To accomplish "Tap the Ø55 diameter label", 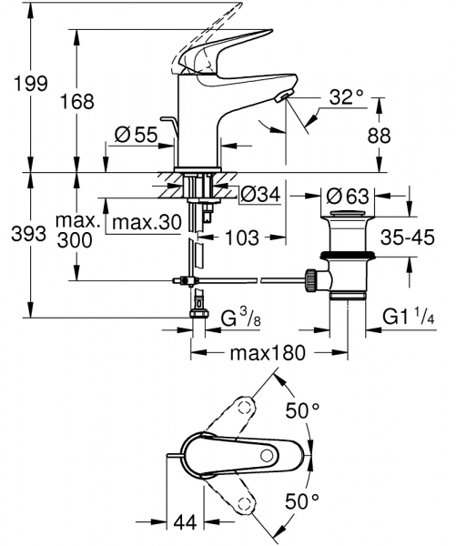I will point(137,136).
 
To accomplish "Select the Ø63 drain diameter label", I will point(347,194).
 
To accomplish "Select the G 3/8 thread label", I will point(241,320).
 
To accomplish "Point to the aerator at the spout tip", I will point(284,99).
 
